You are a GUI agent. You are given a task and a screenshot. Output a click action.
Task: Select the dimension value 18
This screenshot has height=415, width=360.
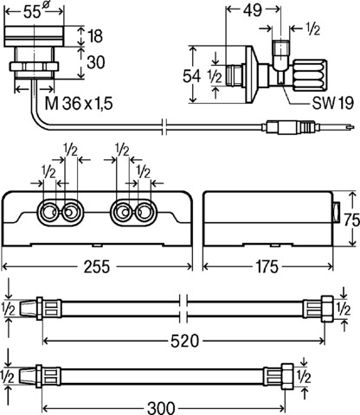pos(95,35)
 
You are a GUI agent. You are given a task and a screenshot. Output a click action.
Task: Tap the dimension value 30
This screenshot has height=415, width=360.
pos(96,62)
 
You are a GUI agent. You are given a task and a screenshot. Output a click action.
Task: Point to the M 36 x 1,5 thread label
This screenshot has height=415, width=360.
pos(79,103)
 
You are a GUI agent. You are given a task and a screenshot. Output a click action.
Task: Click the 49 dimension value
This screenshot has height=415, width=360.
pos(253,10)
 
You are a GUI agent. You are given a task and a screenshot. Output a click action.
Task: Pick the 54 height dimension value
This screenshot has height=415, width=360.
pos(191,76)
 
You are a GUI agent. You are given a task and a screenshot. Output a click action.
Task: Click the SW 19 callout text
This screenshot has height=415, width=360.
pos(333,103)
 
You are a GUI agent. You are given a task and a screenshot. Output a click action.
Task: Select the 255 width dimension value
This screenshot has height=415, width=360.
pos(97,267)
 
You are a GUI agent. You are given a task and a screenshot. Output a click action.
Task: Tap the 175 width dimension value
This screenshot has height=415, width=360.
pos(267,267)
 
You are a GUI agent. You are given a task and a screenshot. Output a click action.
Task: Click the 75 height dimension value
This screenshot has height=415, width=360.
pos(352,220)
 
